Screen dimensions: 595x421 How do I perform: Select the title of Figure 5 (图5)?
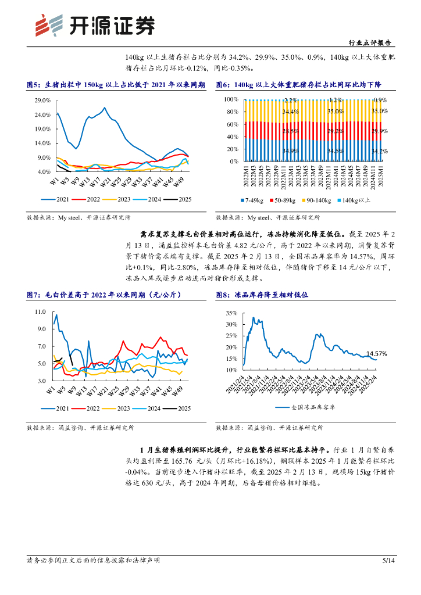tap(116, 85)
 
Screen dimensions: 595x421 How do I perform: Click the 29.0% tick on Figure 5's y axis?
tap(42, 101)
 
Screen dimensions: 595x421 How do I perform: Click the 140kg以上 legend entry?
tap(356, 200)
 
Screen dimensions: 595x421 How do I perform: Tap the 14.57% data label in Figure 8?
tap(377, 353)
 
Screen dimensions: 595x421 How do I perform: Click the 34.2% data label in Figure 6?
tap(379, 152)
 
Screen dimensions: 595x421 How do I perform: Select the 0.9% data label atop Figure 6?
tap(380, 101)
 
